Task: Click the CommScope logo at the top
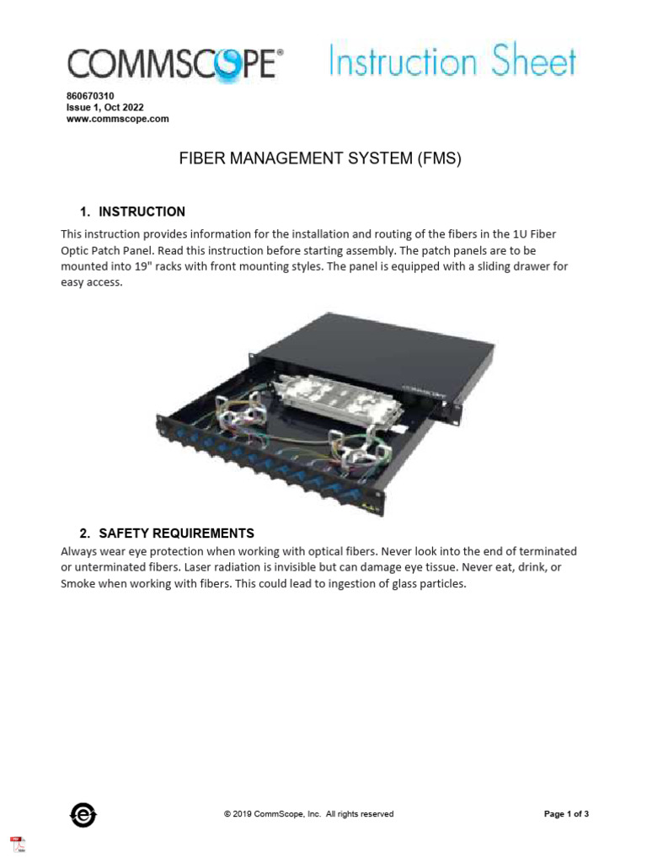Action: point(175,64)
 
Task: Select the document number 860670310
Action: point(90,97)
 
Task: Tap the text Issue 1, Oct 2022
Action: point(104,108)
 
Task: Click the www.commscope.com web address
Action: point(117,119)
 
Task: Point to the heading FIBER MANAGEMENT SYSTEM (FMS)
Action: point(320,158)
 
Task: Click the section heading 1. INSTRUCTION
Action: point(132,212)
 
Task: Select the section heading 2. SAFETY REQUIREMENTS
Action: point(167,533)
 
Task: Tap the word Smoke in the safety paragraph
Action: point(78,583)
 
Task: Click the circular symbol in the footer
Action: point(83,814)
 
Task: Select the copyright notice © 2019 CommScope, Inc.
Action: point(308,814)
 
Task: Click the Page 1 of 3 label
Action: point(566,814)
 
